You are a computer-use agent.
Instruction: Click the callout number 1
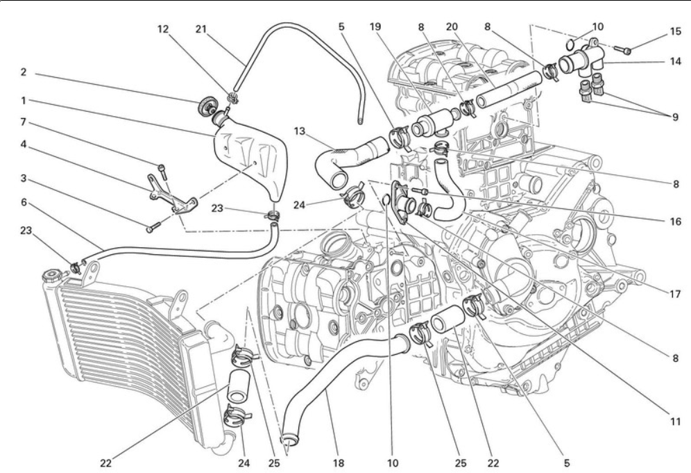coord(24,101)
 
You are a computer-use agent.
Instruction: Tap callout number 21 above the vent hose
coord(201,29)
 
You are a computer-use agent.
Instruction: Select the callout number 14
coord(675,61)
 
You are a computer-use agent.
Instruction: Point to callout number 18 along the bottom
coord(338,463)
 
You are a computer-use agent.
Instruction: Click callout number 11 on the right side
coord(675,422)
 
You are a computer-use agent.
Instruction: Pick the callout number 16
coord(675,221)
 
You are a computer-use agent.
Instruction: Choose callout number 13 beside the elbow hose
coord(300,131)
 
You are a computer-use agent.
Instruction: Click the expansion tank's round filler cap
coord(206,106)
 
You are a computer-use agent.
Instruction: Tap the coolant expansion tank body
coord(250,159)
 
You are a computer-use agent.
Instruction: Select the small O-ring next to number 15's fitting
coord(569,44)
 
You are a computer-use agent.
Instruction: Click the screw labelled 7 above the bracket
coord(162,171)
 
